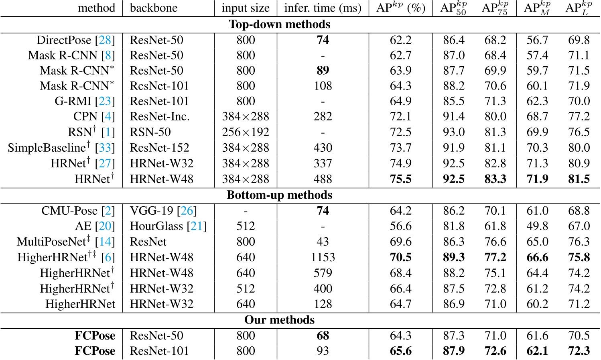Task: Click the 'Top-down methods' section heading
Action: click(x=280, y=24)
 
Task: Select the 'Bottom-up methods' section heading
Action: click(x=280, y=195)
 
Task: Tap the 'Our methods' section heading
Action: click(x=280, y=320)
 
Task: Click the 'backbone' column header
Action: click(x=154, y=8)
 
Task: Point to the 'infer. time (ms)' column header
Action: click(x=323, y=8)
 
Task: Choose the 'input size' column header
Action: click(x=246, y=8)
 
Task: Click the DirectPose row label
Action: click(x=64, y=40)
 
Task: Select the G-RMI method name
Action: click(x=73, y=101)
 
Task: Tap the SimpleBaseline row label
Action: click(x=47, y=148)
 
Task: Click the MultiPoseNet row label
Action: click(x=51, y=242)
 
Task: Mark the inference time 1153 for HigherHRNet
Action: click(x=323, y=257)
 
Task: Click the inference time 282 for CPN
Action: click(x=323, y=116)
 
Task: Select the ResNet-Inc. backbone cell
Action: click(x=160, y=116)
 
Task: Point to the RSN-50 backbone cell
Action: click(x=150, y=132)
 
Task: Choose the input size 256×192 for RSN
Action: click(x=246, y=132)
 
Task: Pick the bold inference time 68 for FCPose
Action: click(x=323, y=336)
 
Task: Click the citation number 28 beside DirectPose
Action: click(x=105, y=40)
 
